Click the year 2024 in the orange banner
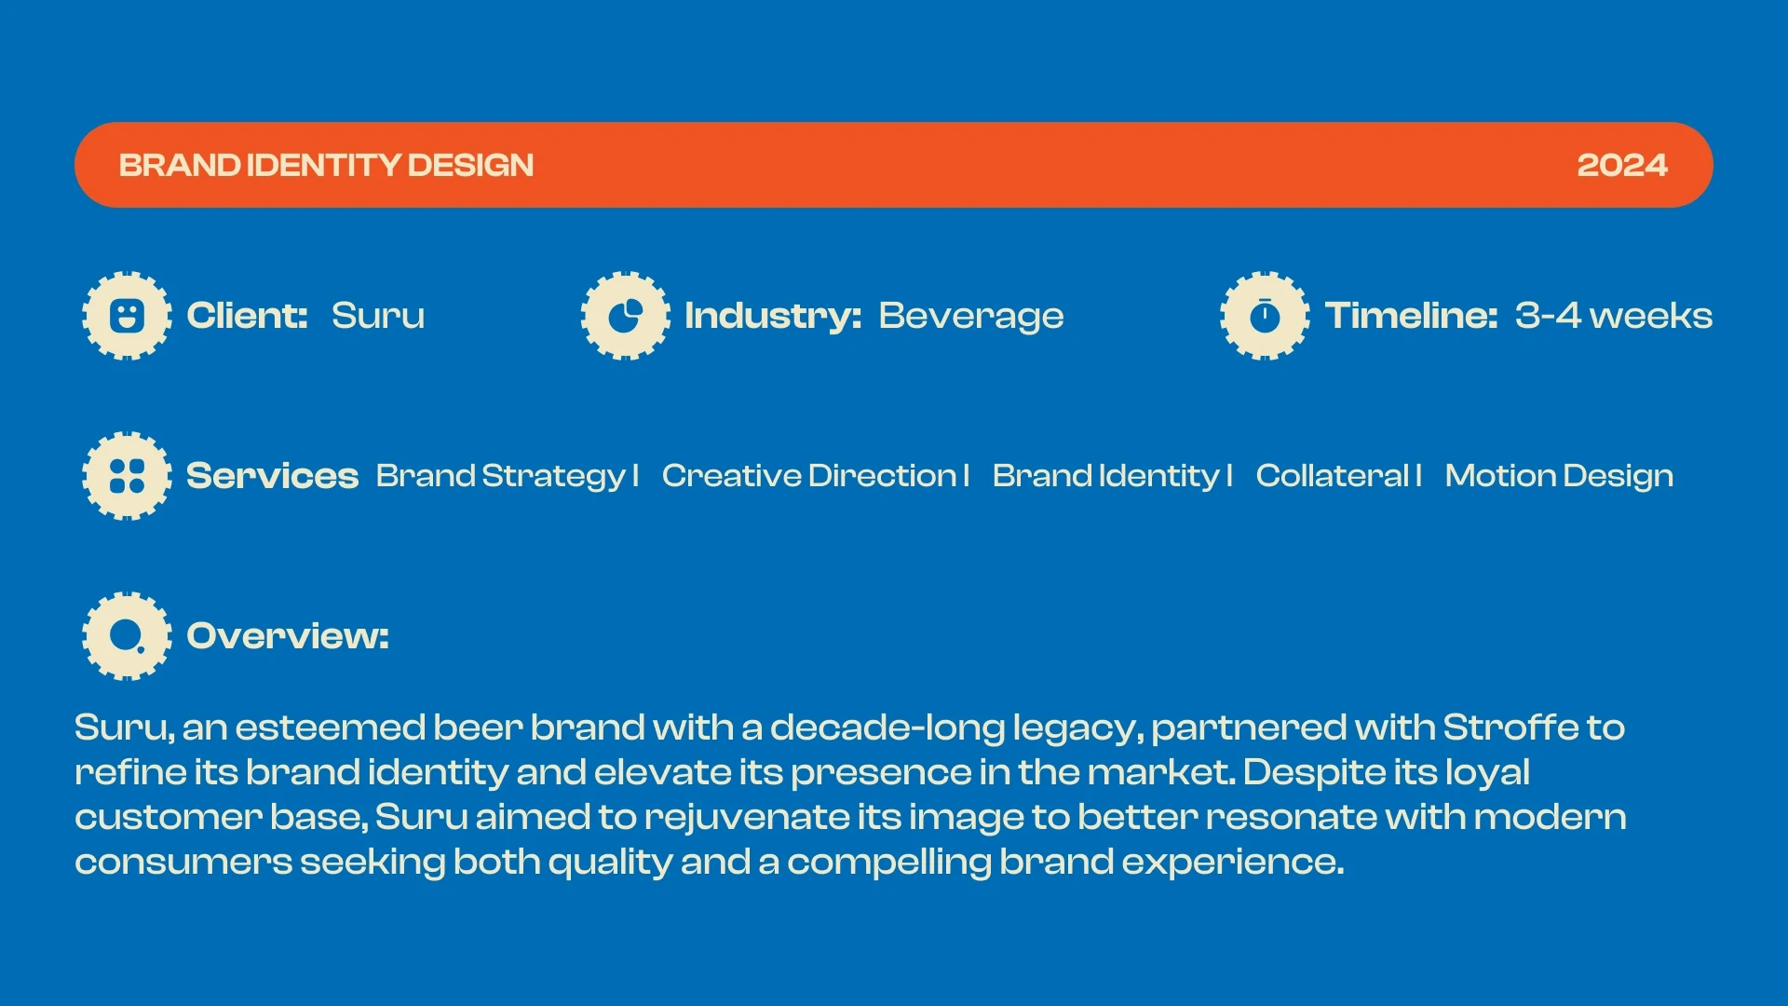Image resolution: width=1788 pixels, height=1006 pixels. coord(1622,165)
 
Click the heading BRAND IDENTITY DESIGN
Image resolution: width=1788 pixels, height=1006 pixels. coord(326,165)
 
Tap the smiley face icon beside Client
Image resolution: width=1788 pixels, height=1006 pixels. coord(127,316)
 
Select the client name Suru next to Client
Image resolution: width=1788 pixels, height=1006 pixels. coord(378,316)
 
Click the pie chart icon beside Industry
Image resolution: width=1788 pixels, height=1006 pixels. coord(626,316)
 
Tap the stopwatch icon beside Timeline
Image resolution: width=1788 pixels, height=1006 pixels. coord(1265,316)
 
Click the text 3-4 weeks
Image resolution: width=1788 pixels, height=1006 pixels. coord(1614,316)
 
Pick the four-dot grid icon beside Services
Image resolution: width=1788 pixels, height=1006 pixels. coord(127,476)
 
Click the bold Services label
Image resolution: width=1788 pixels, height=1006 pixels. coord(272,476)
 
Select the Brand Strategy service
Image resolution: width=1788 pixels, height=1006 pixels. coord(500,477)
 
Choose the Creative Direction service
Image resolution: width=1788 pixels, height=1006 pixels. coord(809,476)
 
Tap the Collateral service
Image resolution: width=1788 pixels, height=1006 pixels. coord(1333,476)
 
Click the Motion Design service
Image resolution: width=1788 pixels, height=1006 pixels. coord(1559,477)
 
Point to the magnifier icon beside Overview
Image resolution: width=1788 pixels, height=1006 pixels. coord(127,636)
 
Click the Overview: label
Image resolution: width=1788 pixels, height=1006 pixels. coord(288,636)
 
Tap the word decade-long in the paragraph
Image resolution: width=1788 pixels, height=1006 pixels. coord(887,728)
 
